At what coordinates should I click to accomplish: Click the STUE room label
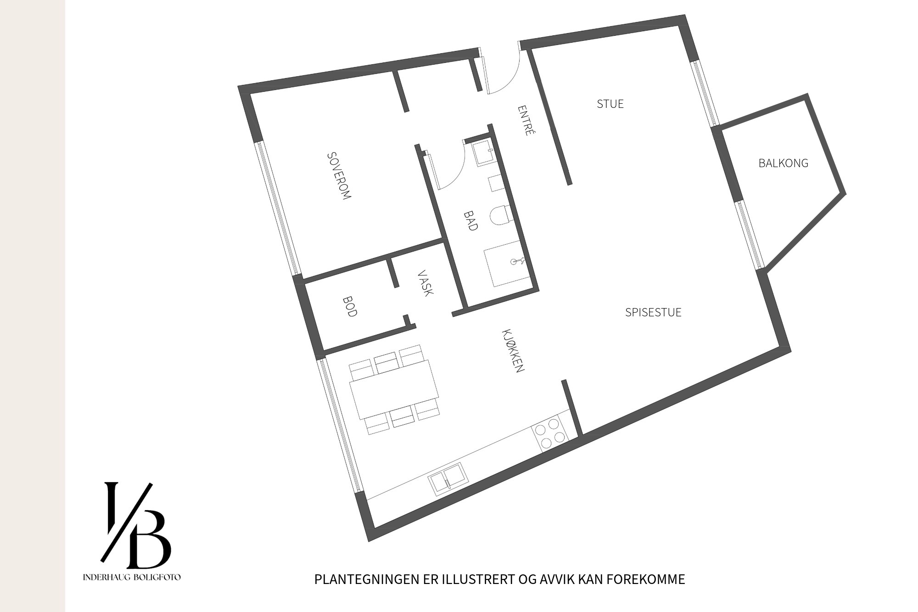point(610,104)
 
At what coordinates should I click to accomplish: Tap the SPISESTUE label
point(653,313)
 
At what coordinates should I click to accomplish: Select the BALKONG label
point(783,163)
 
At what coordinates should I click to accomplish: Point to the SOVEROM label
point(339,175)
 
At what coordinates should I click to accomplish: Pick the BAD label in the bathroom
point(470,220)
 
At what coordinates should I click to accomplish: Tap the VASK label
point(425,283)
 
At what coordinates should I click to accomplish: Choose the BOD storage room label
point(350,307)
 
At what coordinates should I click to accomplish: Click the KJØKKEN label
point(513,350)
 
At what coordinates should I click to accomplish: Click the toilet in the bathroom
point(499,215)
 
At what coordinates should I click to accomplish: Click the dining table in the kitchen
point(394,389)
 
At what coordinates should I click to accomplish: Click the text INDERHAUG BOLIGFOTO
point(132,577)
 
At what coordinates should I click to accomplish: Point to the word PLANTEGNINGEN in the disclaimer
point(366,579)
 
